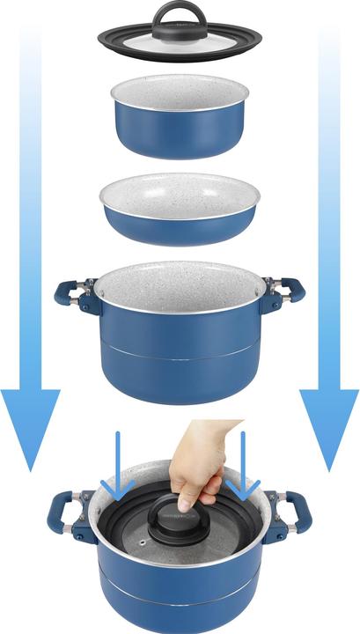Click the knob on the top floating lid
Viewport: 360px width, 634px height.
(x=180, y=17)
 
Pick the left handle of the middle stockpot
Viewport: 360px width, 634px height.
(x=70, y=293)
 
